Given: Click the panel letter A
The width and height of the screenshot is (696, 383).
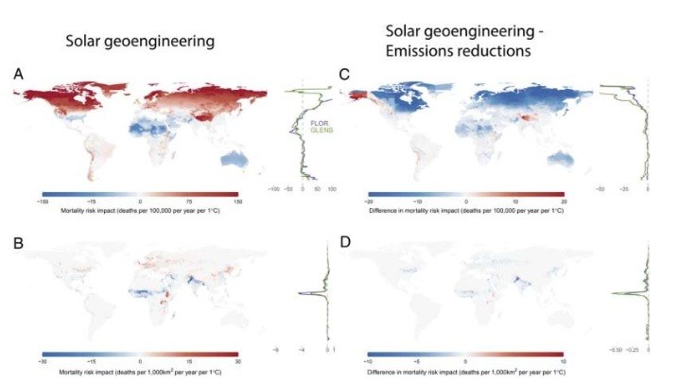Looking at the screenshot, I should tap(18, 72).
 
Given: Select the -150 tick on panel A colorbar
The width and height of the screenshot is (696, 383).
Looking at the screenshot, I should tap(42, 201).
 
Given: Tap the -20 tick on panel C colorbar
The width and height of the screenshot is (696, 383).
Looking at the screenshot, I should tap(371, 201).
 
